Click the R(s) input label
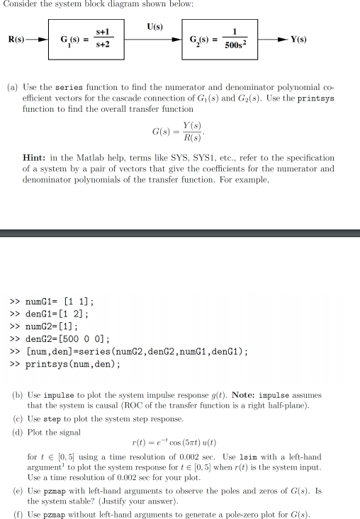tap(15, 38)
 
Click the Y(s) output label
tap(298, 39)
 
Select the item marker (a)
tap(13, 88)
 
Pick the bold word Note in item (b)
tap(243, 394)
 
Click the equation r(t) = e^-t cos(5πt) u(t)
tap(173, 444)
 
